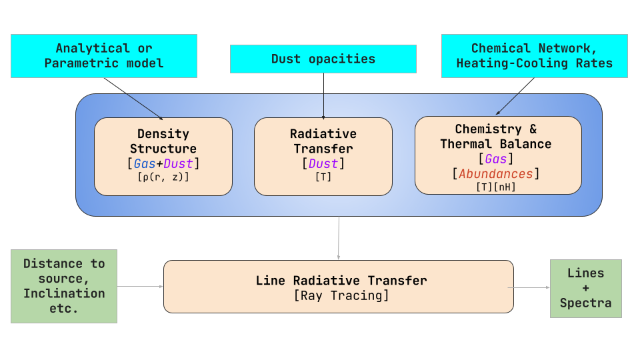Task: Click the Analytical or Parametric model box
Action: click(x=103, y=56)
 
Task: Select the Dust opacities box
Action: click(x=323, y=59)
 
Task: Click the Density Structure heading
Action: click(x=163, y=141)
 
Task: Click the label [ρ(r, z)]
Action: click(x=163, y=177)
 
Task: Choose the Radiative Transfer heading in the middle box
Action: click(x=323, y=141)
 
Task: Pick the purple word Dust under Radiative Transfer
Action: click(x=323, y=163)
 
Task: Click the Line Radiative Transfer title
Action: click(x=341, y=281)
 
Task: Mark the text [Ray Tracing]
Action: click(x=341, y=295)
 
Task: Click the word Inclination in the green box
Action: click(x=64, y=293)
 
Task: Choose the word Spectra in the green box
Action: click(x=585, y=303)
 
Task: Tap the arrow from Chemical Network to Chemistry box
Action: click(x=515, y=97)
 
